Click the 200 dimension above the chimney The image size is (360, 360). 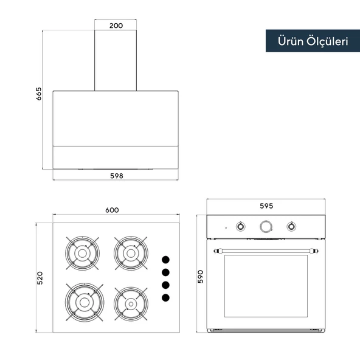pos(116,26)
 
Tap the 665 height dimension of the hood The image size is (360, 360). pos(39,94)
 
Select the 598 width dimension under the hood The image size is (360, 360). pos(117,176)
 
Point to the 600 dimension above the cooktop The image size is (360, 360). pos(112,210)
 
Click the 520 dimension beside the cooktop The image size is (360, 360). pos(40,278)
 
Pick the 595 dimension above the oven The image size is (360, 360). pos(266,206)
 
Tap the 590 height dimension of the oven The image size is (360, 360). pos(201,277)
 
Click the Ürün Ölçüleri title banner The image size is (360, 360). pos(313,41)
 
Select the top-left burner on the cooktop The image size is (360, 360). pos(82,253)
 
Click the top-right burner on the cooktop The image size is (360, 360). pos(131,253)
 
